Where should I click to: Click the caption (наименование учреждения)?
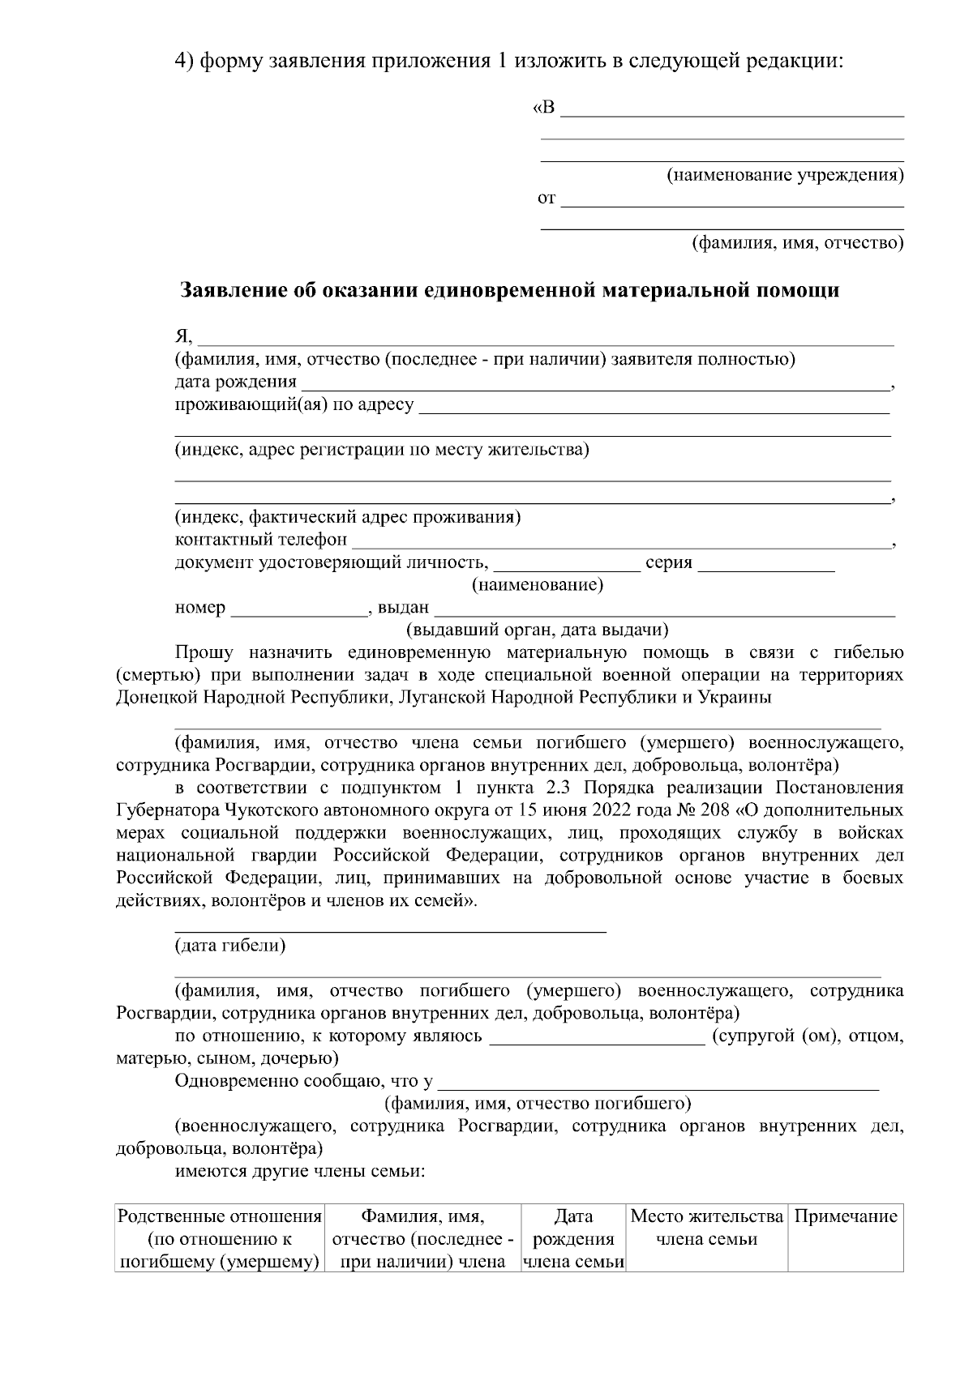pyautogui.click(x=785, y=175)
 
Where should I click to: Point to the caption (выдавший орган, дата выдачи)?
pyautogui.click(x=537, y=630)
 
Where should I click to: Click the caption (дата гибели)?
pyautogui.click(x=230, y=946)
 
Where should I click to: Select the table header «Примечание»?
pyautogui.click(x=846, y=1216)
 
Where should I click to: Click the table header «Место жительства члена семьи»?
pyautogui.click(x=707, y=1228)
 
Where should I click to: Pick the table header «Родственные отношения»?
pyautogui.click(x=220, y=1216)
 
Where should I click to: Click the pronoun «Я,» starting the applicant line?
pyautogui.click(x=185, y=337)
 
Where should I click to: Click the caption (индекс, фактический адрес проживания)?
pyautogui.click(x=348, y=517)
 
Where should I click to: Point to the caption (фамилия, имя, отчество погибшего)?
pyautogui.click(x=537, y=1104)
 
